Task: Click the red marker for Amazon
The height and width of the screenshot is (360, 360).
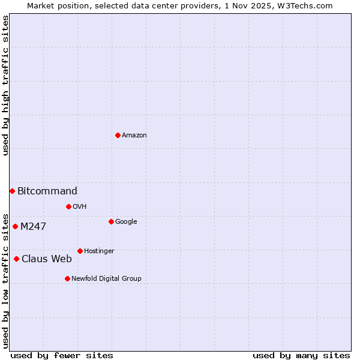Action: [x=118, y=135]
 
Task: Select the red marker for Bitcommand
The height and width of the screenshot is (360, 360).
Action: [x=12, y=191]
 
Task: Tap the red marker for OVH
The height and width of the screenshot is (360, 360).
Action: [x=68, y=206]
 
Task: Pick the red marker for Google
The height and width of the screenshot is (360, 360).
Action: [x=111, y=221]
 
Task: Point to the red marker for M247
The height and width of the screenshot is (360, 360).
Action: [x=15, y=226]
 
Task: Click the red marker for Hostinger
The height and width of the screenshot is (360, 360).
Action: [x=80, y=251]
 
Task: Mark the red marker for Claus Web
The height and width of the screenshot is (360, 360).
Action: [x=16, y=259]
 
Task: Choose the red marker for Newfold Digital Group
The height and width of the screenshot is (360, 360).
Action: [x=67, y=278]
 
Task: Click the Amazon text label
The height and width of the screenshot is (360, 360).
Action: [x=134, y=136]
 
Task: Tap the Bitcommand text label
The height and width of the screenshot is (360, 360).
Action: [x=47, y=191]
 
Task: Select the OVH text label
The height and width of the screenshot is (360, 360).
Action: [x=80, y=207]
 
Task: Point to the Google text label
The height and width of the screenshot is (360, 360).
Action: [x=126, y=222]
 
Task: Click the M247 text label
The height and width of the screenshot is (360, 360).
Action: [x=33, y=227]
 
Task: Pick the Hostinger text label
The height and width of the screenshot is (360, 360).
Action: [x=99, y=251]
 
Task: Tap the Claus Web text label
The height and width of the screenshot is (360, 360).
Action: [x=47, y=259]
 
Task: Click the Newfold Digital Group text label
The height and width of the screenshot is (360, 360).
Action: [x=106, y=279]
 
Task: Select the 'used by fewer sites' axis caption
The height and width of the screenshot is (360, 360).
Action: [x=62, y=355]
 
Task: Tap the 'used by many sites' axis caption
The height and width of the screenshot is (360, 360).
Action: [x=301, y=355]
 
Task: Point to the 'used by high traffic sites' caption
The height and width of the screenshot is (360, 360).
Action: [x=5, y=85]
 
